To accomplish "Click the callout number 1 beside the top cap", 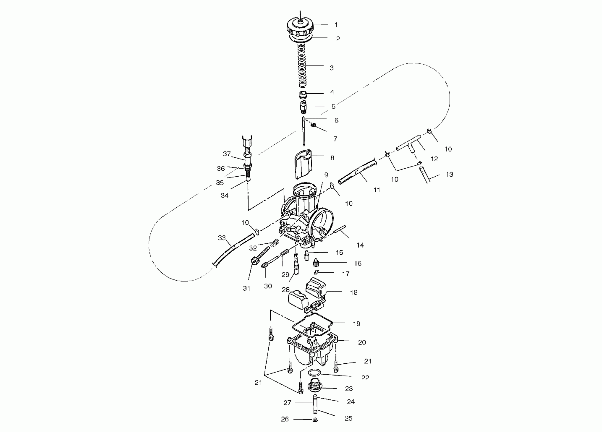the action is coord(336,25).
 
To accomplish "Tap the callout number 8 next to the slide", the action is coord(332,158).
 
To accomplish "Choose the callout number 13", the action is coord(449,175).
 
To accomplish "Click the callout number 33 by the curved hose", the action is coord(222,238).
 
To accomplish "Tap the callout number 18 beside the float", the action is coord(354,292).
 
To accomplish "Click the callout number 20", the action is coord(362,342).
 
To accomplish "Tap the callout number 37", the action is coord(227,154).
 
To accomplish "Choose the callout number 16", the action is coord(358,263).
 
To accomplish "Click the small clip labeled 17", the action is coord(316,272).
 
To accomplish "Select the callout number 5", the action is coord(334,106).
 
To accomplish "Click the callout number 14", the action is coord(360,245).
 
